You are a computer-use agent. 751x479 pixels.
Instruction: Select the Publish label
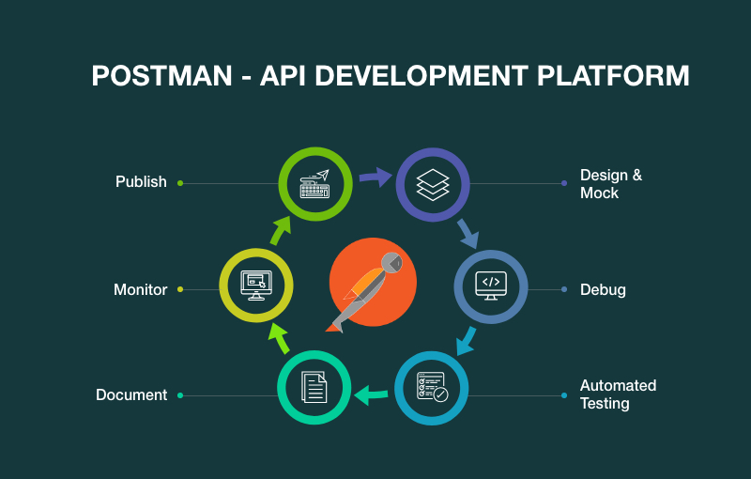coord(141,181)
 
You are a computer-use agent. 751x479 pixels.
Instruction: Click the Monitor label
coord(140,289)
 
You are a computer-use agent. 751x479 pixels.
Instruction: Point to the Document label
coord(131,394)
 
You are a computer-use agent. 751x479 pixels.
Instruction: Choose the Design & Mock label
coord(611,183)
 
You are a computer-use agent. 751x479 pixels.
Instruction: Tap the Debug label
coord(603,289)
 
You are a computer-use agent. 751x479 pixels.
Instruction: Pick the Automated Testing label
coord(618,394)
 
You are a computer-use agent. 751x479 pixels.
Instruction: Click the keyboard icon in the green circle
coord(315,183)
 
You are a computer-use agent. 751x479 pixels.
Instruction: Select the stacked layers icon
coord(433,183)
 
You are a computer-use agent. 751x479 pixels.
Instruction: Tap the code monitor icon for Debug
coord(491,286)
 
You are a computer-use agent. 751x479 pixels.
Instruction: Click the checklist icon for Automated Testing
coord(432,387)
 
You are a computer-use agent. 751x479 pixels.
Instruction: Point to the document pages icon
coord(314,387)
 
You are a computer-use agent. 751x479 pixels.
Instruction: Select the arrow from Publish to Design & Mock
coord(375,177)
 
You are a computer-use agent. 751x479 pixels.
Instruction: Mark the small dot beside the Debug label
coord(564,289)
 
